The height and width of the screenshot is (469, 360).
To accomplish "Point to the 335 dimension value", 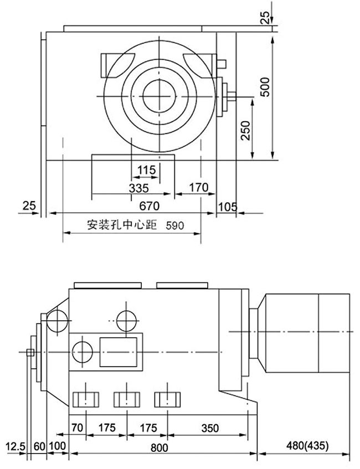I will click(x=138, y=188).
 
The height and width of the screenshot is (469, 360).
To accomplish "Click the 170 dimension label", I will click(x=198, y=188).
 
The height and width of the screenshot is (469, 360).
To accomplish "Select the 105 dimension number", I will click(x=228, y=207).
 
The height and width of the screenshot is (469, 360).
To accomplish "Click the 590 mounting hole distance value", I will click(x=174, y=225).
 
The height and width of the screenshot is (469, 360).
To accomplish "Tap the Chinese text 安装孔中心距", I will click(x=122, y=225).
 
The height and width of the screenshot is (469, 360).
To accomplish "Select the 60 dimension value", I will click(x=39, y=446).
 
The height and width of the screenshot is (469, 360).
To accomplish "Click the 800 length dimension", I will click(x=160, y=446).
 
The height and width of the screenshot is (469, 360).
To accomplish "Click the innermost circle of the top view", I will click(x=159, y=95).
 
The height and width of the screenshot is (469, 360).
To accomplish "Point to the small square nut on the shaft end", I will click(x=30, y=352).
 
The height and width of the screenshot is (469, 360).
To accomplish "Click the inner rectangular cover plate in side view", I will click(x=119, y=351).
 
